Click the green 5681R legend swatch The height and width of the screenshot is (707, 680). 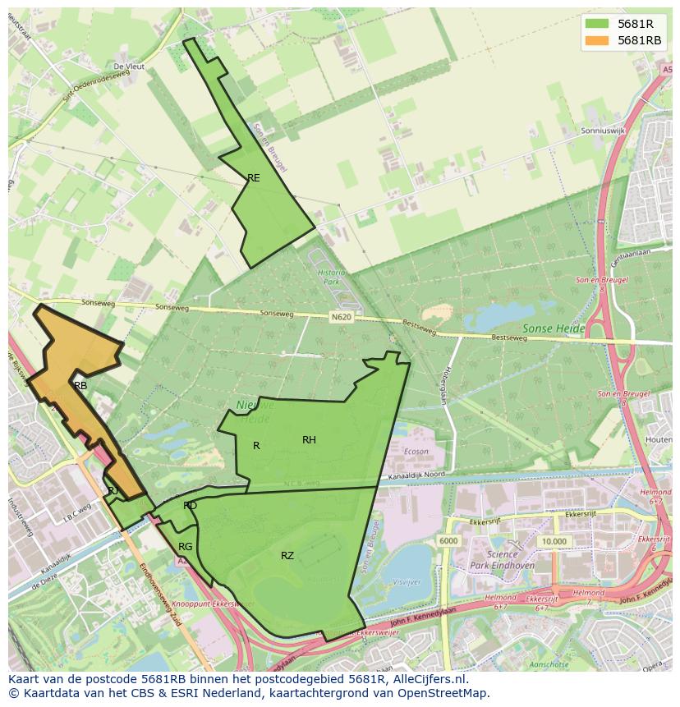pyautogui.click(x=596, y=23)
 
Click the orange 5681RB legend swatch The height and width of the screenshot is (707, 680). pyautogui.click(x=596, y=40)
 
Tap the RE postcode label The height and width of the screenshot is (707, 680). pyautogui.click(x=254, y=177)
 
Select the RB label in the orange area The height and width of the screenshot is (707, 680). pyautogui.click(x=80, y=385)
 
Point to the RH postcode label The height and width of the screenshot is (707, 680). pyautogui.click(x=309, y=440)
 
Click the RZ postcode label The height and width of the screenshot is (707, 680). pyautogui.click(x=287, y=556)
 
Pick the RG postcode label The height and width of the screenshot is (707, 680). pyautogui.click(x=186, y=547)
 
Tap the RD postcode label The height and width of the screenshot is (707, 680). pyautogui.click(x=190, y=506)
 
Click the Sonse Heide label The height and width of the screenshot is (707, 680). pyautogui.click(x=553, y=328)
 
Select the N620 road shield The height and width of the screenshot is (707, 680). pyautogui.click(x=342, y=315)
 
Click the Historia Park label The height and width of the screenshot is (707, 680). pyautogui.click(x=332, y=277)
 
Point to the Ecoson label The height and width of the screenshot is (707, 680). pyautogui.click(x=416, y=451)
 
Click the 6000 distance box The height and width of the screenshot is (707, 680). pyautogui.click(x=448, y=541)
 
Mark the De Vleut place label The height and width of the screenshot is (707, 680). pyautogui.click(x=129, y=67)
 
